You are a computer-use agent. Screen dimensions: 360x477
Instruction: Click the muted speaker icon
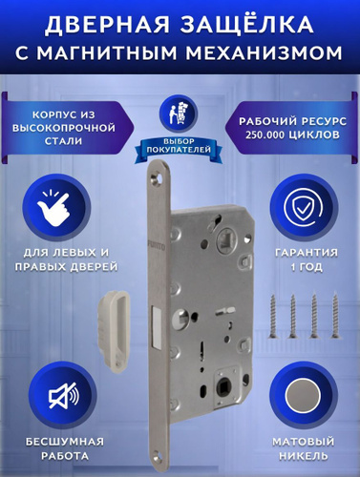[63, 396]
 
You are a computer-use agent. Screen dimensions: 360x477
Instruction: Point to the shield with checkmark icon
[303, 207]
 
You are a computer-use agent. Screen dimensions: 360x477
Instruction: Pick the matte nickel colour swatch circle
[303, 396]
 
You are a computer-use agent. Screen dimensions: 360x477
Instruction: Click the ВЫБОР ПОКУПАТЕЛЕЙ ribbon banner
[179, 147]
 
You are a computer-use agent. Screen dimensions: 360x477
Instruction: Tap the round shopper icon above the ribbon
[179, 114]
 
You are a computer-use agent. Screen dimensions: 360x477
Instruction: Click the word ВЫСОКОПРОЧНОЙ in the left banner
[64, 128]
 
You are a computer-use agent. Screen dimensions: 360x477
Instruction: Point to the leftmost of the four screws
[272, 317]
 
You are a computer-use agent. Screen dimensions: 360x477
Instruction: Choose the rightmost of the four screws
[334, 317]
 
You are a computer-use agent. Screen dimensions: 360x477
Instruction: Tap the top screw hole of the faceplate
[159, 176]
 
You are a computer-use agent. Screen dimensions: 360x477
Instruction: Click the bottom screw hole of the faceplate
[159, 457]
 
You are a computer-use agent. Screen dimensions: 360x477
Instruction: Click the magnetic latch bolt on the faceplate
[157, 326]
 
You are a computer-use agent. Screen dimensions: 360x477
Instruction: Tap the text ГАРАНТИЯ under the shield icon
[307, 253]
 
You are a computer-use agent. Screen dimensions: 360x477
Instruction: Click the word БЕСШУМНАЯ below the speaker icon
[65, 442]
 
